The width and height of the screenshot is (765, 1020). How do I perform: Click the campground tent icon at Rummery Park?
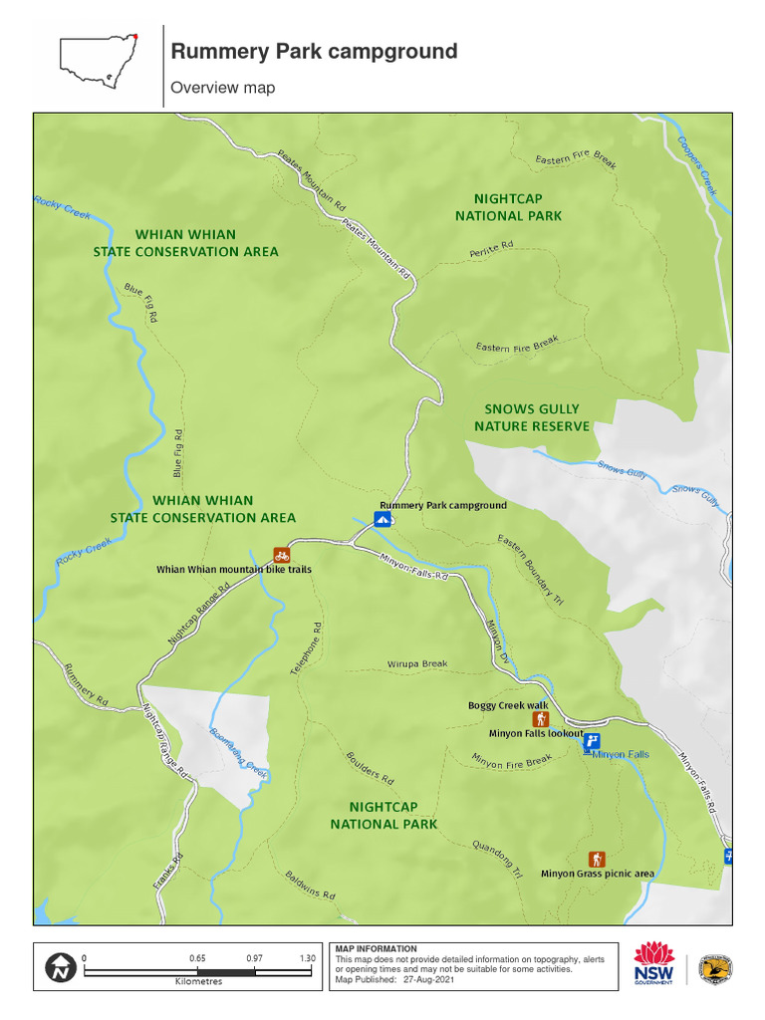tap(382, 519)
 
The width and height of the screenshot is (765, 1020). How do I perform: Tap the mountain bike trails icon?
tap(282, 555)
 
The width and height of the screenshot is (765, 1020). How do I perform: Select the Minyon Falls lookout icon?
tap(592, 740)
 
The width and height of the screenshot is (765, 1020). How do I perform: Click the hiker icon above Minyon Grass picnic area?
tap(596, 859)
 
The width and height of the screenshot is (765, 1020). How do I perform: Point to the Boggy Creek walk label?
tap(508, 705)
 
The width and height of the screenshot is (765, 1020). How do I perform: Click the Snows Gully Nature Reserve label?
tap(531, 417)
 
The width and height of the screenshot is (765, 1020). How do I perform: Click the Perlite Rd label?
tap(491, 249)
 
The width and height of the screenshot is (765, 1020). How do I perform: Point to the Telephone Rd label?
tap(307, 649)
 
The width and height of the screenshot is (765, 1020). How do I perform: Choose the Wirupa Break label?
tap(417, 663)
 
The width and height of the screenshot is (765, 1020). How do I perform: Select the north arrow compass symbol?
tap(60, 966)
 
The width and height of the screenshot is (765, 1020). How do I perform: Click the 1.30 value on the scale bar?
tap(308, 958)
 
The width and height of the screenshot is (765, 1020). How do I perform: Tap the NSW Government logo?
tap(654, 963)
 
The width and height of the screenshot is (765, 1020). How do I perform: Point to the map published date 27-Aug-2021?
tap(430, 979)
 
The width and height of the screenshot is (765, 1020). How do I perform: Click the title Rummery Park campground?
tap(314, 52)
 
